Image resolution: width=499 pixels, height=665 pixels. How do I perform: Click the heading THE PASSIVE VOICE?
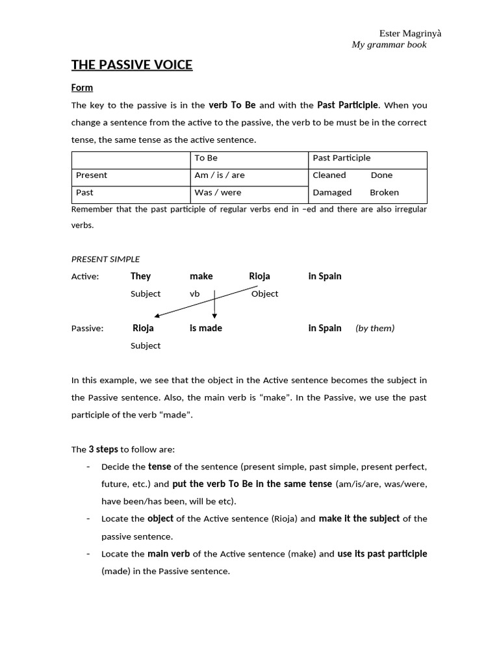click(131, 64)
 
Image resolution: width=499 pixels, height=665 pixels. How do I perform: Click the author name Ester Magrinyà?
click(410, 33)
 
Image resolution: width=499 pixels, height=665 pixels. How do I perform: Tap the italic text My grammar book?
click(389, 45)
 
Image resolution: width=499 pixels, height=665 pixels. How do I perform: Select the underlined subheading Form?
click(82, 88)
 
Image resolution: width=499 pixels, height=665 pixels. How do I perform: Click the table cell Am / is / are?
click(219, 175)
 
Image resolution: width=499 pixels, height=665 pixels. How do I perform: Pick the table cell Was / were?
click(217, 193)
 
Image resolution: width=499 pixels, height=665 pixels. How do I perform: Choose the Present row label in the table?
click(92, 175)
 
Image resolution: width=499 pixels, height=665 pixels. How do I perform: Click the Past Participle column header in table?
click(341, 158)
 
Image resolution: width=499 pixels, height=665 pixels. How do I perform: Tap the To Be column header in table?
click(206, 158)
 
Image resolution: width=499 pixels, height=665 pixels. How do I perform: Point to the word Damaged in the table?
click(332, 193)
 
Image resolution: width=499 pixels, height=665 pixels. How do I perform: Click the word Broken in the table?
click(384, 193)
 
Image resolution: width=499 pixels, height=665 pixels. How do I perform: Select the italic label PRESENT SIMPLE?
click(105, 259)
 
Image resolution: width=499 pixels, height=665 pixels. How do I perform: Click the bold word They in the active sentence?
click(140, 276)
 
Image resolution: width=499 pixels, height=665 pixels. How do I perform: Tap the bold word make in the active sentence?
click(201, 276)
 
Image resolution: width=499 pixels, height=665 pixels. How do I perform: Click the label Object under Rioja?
click(264, 294)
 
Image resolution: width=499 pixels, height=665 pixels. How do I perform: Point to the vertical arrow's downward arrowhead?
click(214, 315)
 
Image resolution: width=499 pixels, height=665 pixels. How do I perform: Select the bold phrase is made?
click(205, 328)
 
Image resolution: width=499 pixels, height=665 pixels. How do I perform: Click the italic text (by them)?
click(374, 329)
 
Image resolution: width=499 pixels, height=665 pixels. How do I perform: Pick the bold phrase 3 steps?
click(103, 449)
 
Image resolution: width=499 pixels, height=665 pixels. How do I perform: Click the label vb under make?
click(194, 294)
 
